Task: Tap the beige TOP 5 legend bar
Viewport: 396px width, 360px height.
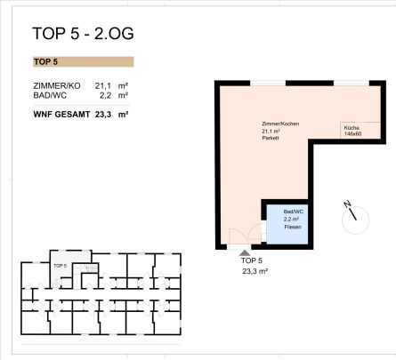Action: click(x=82, y=62)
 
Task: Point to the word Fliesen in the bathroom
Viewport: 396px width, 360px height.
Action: click(x=293, y=228)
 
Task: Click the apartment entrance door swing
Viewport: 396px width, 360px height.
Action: click(x=238, y=237)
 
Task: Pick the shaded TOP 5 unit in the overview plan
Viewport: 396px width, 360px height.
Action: click(x=61, y=266)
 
